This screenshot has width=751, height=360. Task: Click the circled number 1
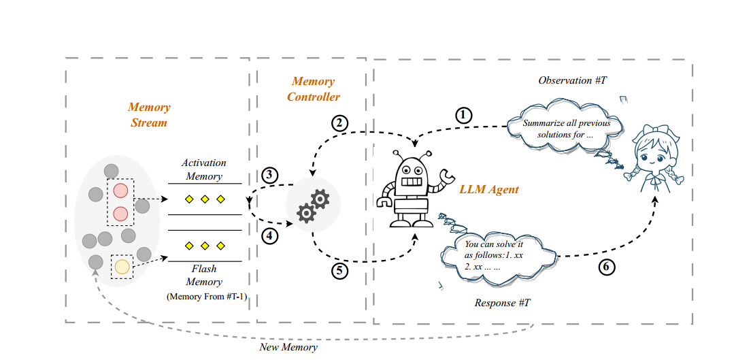tap(463, 115)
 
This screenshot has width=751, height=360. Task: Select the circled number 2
tap(339, 123)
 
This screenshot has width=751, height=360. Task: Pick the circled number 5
tap(340, 270)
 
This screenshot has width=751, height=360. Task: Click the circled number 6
tap(606, 267)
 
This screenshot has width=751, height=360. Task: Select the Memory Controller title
tap(313, 89)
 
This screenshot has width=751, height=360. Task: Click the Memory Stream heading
tap(149, 115)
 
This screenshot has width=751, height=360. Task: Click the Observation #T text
tap(572, 80)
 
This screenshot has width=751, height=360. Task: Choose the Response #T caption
tap(502, 302)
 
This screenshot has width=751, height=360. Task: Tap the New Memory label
tap(288, 347)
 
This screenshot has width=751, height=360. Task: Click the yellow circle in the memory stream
tap(122, 267)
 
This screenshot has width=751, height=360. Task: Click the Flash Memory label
tap(204, 276)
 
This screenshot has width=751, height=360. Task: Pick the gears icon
tap(312, 206)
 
